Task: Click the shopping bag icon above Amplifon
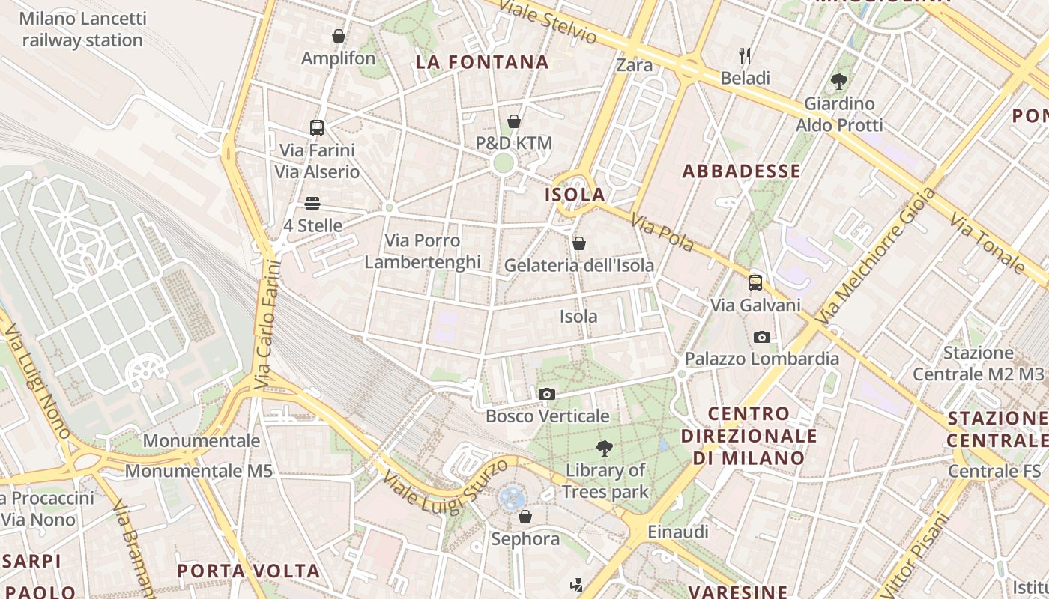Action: click(x=339, y=36)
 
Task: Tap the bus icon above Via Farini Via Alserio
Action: click(x=317, y=128)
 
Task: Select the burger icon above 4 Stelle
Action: click(x=312, y=204)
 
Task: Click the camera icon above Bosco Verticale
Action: click(x=547, y=394)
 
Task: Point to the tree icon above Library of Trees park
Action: click(x=605, y=449)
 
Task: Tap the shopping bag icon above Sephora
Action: click(x=525, y=517)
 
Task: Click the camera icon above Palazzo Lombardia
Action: click(x=762, y=337)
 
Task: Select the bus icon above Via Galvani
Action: click(x=755, y=283)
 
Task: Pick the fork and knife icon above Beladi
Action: click(x=745, y=56)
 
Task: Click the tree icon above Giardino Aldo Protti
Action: click(x=838, y=82)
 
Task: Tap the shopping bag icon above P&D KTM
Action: click(x=514, y=121)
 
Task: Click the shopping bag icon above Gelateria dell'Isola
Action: click(x=578, y=243)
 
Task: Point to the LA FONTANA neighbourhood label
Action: click(x=483, y=62)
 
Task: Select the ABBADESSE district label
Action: click(x=741, y=171)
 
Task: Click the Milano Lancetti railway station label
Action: click(x=82, y=29)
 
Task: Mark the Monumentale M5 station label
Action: click(x=199, y=471)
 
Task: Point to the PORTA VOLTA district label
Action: click(x=248, y=571)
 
